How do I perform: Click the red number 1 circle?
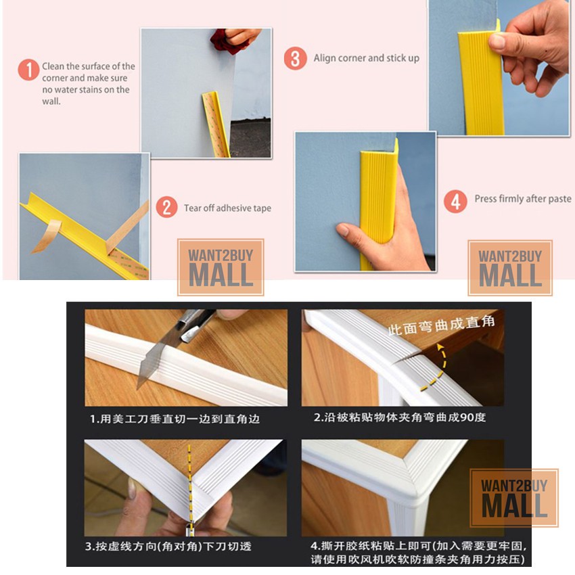(28, 70)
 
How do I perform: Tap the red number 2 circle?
(166, 207)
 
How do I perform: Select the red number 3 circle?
(295, 58)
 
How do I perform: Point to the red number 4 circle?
(455, 201)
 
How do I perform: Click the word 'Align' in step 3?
(325, 58)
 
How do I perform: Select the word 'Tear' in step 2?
(193, 208)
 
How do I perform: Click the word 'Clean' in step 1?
(53, 66)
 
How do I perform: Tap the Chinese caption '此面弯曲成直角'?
(442, 325)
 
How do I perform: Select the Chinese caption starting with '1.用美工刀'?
(175, 419)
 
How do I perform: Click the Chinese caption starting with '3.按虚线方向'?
(168, 546)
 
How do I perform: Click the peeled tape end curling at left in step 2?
(47, 237)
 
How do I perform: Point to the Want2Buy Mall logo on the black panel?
(514, 498)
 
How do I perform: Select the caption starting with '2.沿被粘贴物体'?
(400, 417)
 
